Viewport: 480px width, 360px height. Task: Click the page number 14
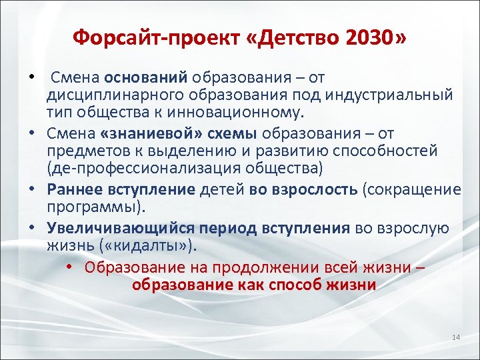(x=456, y=338)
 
